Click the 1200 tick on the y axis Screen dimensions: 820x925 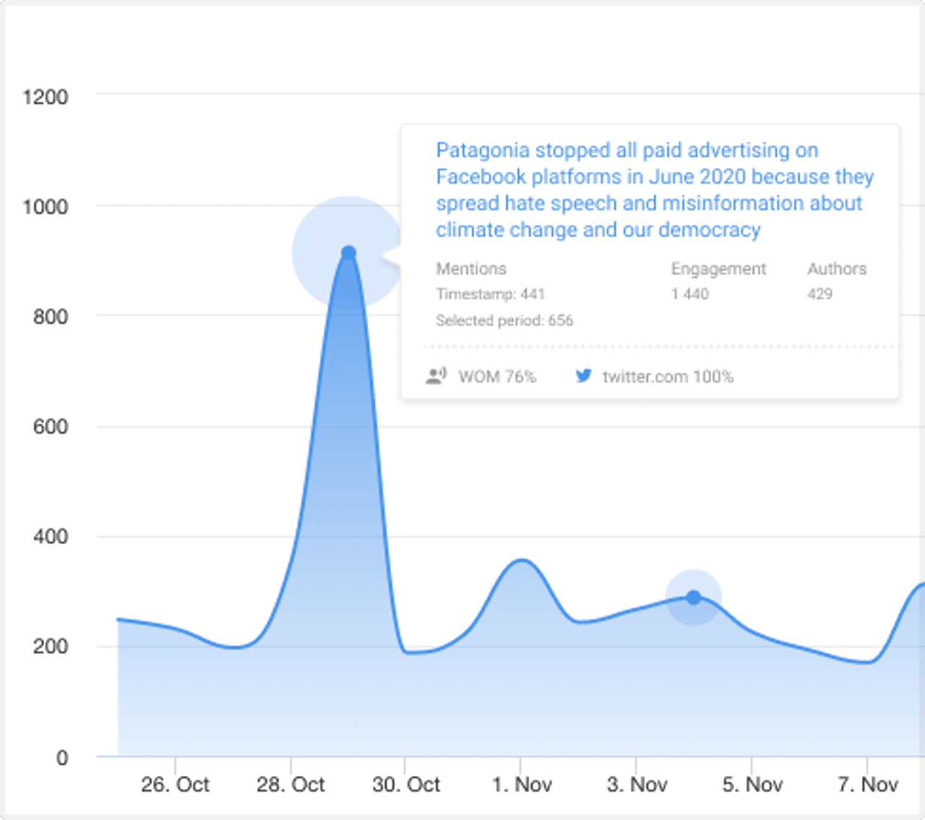coord(45,97)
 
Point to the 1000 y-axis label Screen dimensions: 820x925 coord(45,207)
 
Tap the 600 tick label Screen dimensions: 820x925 coord(50,426)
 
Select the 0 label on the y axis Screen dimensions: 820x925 coord(62,758)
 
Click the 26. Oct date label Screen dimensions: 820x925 coord(175,785)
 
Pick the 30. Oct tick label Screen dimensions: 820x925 coord(406,785)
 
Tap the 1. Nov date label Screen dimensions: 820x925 coord(522,785)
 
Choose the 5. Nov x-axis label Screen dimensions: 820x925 coord(752,785)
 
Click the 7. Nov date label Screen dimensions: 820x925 coord(867,785)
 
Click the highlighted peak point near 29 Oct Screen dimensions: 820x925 coord(348,253)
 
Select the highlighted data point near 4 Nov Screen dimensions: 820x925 coord(694,597)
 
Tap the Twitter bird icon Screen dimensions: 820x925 coord(583,376)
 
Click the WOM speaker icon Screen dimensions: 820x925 coord(436,376)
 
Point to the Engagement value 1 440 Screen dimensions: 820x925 coord(689,294)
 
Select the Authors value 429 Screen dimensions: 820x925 coord(819,294)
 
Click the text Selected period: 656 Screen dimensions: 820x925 coord(504,321)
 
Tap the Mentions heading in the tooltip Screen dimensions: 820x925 coord(470,269)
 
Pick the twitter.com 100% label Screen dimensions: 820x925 coord(667,376)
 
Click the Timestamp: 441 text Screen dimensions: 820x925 coord(490,294)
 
